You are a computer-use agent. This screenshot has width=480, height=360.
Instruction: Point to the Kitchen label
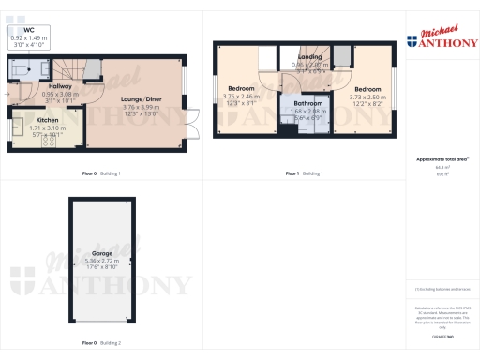point(47,120)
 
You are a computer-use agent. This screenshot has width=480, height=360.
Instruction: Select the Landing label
point(310,57)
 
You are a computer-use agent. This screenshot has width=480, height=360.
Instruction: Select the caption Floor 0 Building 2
point(101,343)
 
